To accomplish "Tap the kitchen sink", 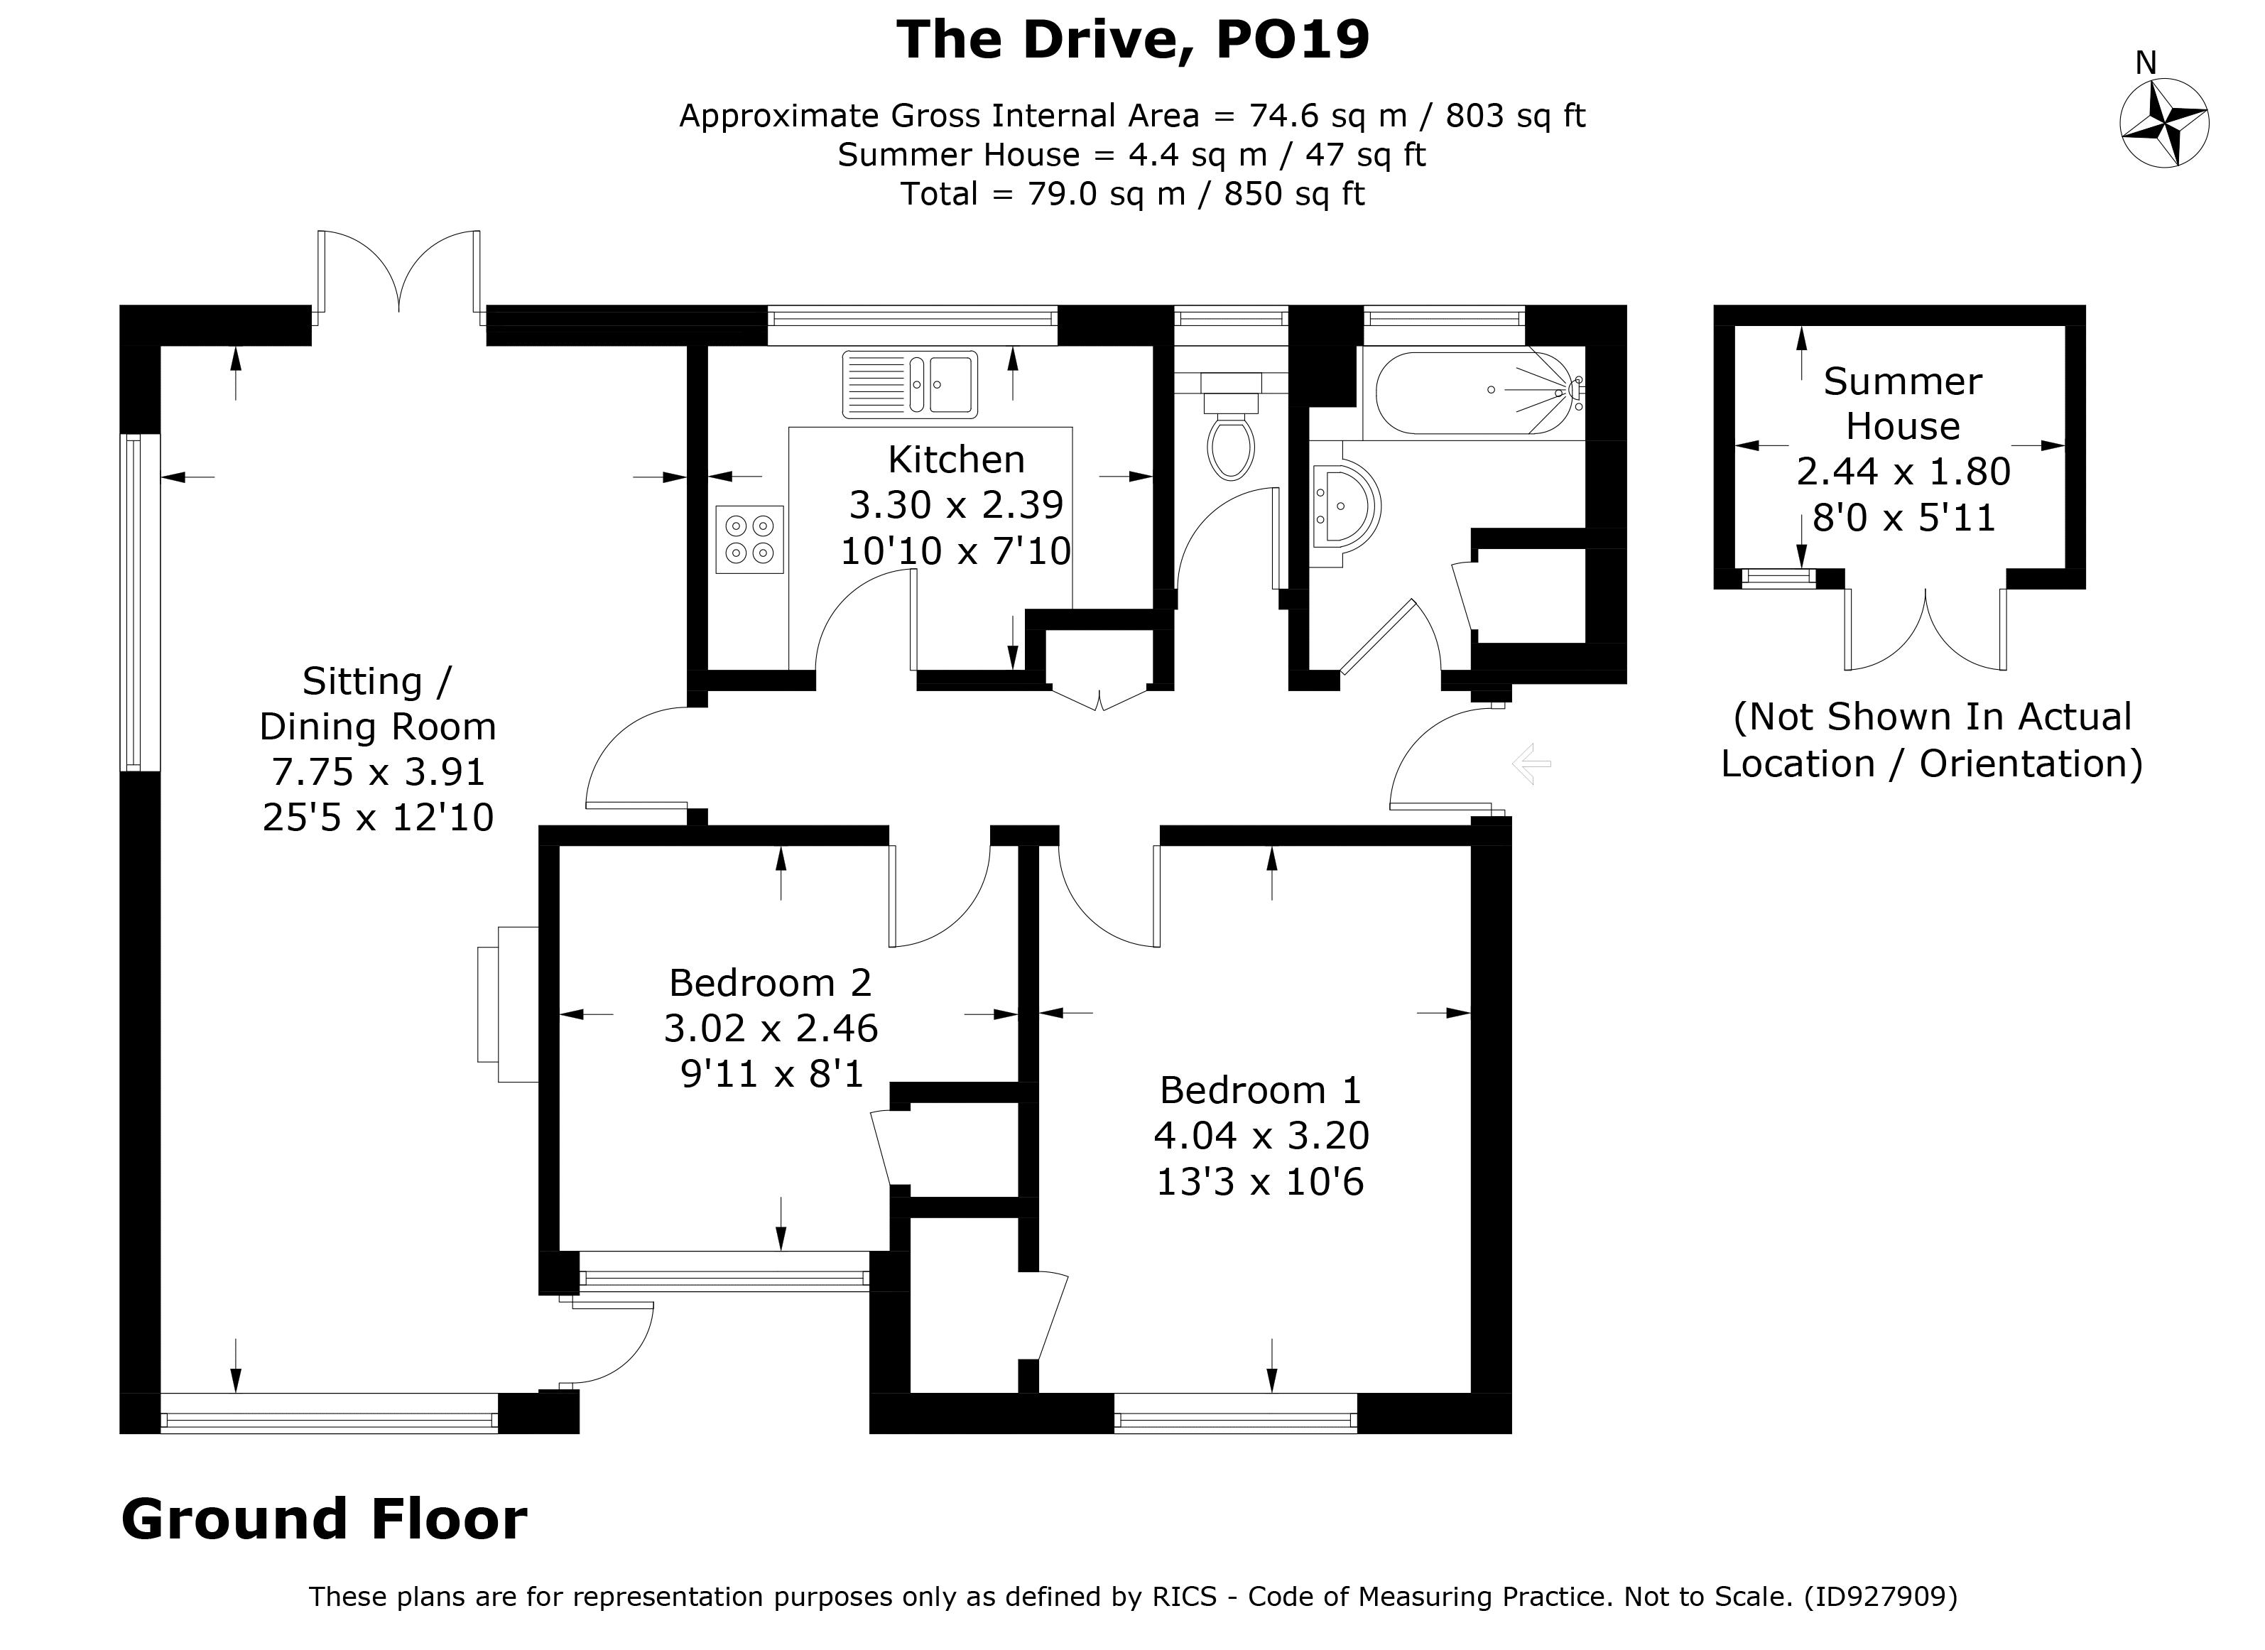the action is coord(910,384).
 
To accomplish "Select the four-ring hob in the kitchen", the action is coord(749,539).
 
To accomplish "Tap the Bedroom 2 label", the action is coord(770,983).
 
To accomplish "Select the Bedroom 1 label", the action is coord(1260,1090).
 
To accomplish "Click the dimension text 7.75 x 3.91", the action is coord(379,771).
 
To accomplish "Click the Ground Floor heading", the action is coord(324,1519).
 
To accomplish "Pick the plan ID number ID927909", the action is coord(1879,1597).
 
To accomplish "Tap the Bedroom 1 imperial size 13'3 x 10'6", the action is coord(1260,1182).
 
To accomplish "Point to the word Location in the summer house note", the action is coord(1798,764).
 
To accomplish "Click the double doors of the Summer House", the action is coord(1925,629).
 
